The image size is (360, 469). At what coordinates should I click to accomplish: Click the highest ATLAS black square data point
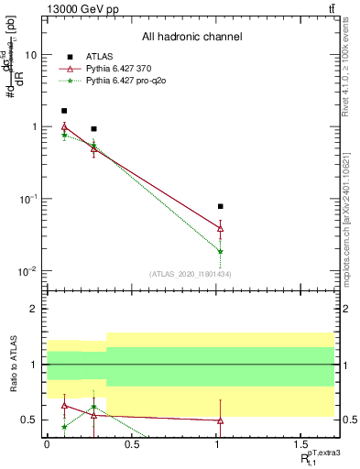tap(64, 111)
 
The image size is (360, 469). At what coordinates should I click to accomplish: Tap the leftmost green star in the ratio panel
tap(64, 427)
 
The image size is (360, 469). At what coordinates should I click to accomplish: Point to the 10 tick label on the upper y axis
tap(30, 54)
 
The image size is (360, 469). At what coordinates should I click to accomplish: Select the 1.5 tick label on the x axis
tap(301, 446)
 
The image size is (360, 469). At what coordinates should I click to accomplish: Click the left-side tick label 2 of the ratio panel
tap(35, 309)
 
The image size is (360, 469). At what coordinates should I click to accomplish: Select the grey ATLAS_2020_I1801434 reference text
tap(191, 275)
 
